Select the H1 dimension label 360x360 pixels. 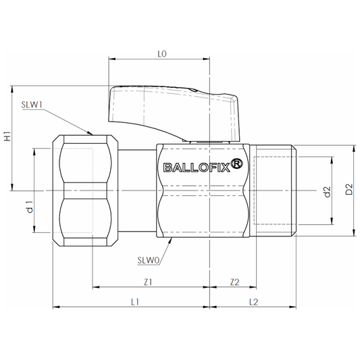[x=7, y=135]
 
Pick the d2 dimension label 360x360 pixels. [x=326, y=192]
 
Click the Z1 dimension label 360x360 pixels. [x=149, y=281]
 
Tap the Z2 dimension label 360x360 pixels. [x=234, y=281]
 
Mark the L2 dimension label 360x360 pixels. [x=253, y=301]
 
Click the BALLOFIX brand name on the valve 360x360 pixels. [x=192, y=168]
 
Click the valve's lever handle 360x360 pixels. [x=172, y=105]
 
